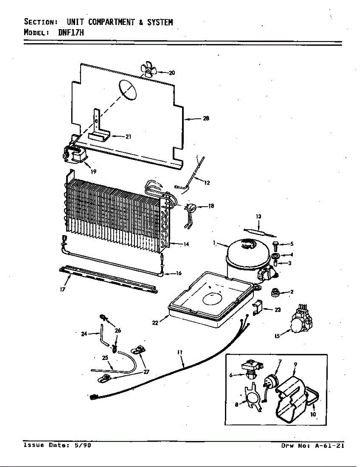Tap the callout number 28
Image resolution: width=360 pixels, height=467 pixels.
coord(206,119)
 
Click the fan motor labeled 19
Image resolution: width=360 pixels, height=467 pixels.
coord(75,155)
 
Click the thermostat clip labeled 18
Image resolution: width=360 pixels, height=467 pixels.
coord(191,209)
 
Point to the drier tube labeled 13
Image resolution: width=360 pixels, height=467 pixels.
coord(259,231)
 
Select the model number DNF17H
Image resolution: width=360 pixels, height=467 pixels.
coord(71,33)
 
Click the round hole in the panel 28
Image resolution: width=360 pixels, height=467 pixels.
coord(128,89)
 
